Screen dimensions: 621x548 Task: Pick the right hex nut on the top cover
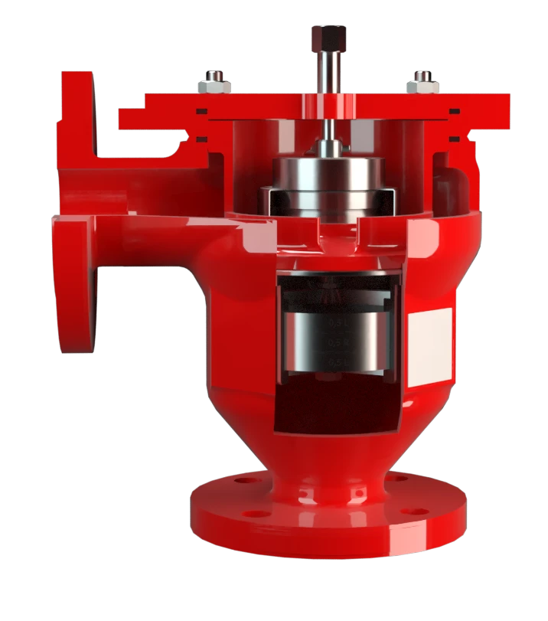click(x=422, y=81)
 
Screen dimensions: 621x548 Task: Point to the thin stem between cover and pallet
click(x=327, y=130)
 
